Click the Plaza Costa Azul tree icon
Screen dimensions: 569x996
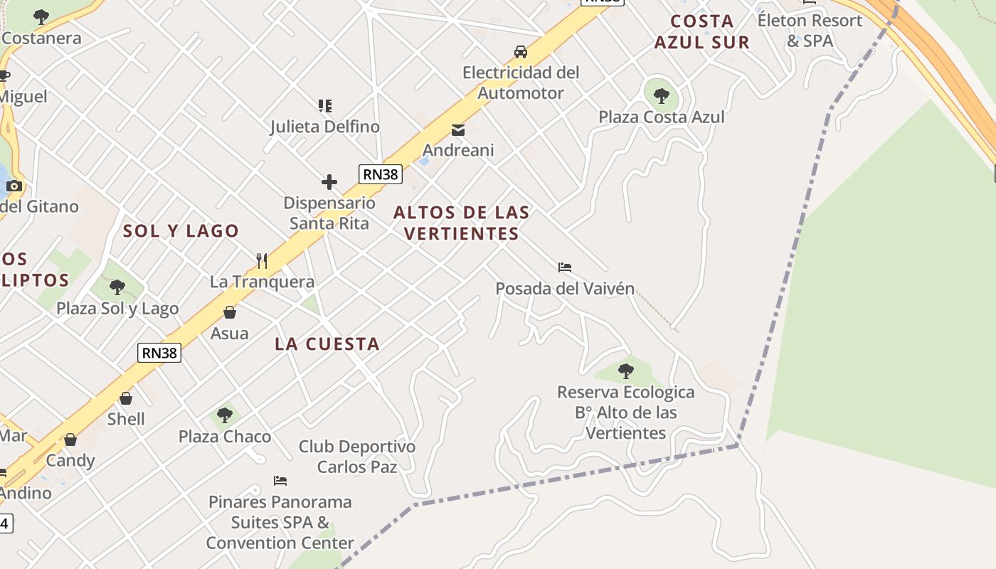pyautogui.click(x=661, y=95)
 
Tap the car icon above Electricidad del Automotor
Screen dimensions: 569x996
pyautogui.click(x=521, y=52)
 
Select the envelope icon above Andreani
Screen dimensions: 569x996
pyautogui.click(x=458, y=130)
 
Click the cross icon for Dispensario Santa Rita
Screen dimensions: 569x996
pyautogui.click(x=329, y=182)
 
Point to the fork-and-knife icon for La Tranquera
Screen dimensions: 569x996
pyautogui.click(x=262, y=261)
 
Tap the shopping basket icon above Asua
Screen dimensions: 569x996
pyautogui.click(x=230, y=312)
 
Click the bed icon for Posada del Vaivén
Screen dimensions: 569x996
pyautogui.click(x=565, y=267)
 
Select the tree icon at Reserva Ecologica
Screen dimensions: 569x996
pyautogui.click(x=626, y=371)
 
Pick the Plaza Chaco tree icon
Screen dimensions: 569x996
pyautogui.click(x=225, y=415)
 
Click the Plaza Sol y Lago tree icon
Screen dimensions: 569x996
pyautogui.click(x=117, y=287)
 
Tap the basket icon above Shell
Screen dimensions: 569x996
pyautogui.click(x=126, y=398)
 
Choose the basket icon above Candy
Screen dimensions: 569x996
pyautogui.click(x=70, y=440)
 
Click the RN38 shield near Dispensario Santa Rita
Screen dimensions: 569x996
pyautogui.click(x=380, y=174)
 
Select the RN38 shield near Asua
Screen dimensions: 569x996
pyautogui.click(x=159, y=352)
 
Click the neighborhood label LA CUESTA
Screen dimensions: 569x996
pyautogui.click(x=327, y=344)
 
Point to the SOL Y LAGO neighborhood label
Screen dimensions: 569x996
pyautogui.click(x=181, y=231)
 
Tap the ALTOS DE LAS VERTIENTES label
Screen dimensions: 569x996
pyautogui.click(x=461, y=223)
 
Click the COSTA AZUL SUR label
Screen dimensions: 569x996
pyautogui.click(x=701, y=31)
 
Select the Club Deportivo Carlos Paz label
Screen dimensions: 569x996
pyautogui.click(x=357, y=457)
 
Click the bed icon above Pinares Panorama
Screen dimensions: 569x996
pyautogui.click(x=280, y=481)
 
